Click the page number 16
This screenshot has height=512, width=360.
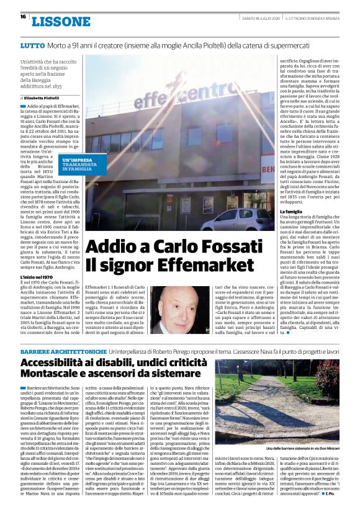point(22,17)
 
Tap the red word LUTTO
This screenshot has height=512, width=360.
point(32,47)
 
